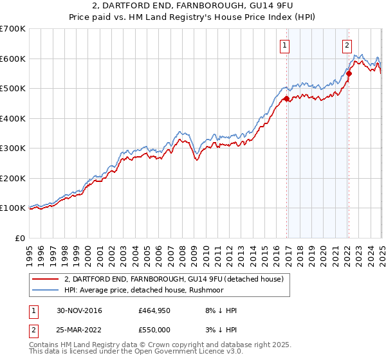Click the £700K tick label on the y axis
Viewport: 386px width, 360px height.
coord(13,29)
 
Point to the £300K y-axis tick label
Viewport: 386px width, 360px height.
coord(13,148)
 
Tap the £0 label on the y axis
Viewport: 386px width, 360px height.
coord(21,238)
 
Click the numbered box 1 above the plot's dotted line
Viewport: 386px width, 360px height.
coord(284,45)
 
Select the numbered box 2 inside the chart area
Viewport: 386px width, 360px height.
coord(347,45)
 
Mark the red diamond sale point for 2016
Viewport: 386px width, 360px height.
coord(287,98)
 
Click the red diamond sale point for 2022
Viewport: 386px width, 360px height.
coord(349,73)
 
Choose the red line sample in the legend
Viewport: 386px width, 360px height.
coord(44,279)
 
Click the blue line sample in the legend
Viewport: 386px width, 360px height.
coord(44,290)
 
